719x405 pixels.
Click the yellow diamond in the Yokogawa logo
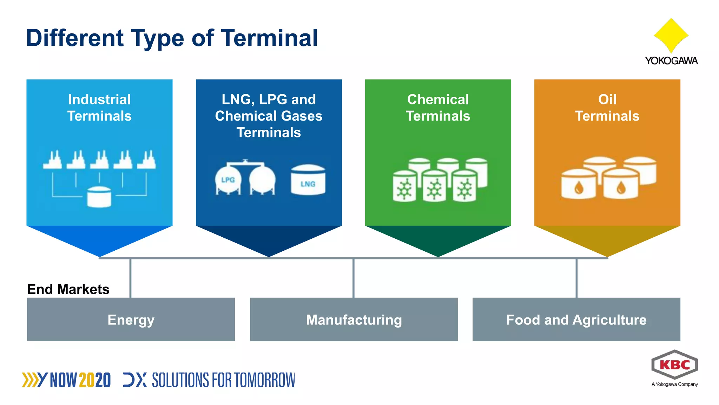point(671,35)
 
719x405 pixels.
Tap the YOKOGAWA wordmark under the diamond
point(671,61)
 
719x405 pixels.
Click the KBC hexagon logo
point(674,365)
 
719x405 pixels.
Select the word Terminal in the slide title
point(269,38)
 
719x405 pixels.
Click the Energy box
point(131,319)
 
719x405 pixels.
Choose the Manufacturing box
point(354,319)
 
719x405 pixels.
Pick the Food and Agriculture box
point(576,319)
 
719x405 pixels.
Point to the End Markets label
point(68,289)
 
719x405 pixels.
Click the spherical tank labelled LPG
point(228,180)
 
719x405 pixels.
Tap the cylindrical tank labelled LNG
point(308,180)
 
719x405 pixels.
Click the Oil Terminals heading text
point(607,108)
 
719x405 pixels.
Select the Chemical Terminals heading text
point(438,108)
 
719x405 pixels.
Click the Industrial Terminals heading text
point(99,108)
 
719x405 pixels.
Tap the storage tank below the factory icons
point(99,197)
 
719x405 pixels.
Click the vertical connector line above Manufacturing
point(354,278)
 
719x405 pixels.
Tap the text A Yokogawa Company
point(674,384)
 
